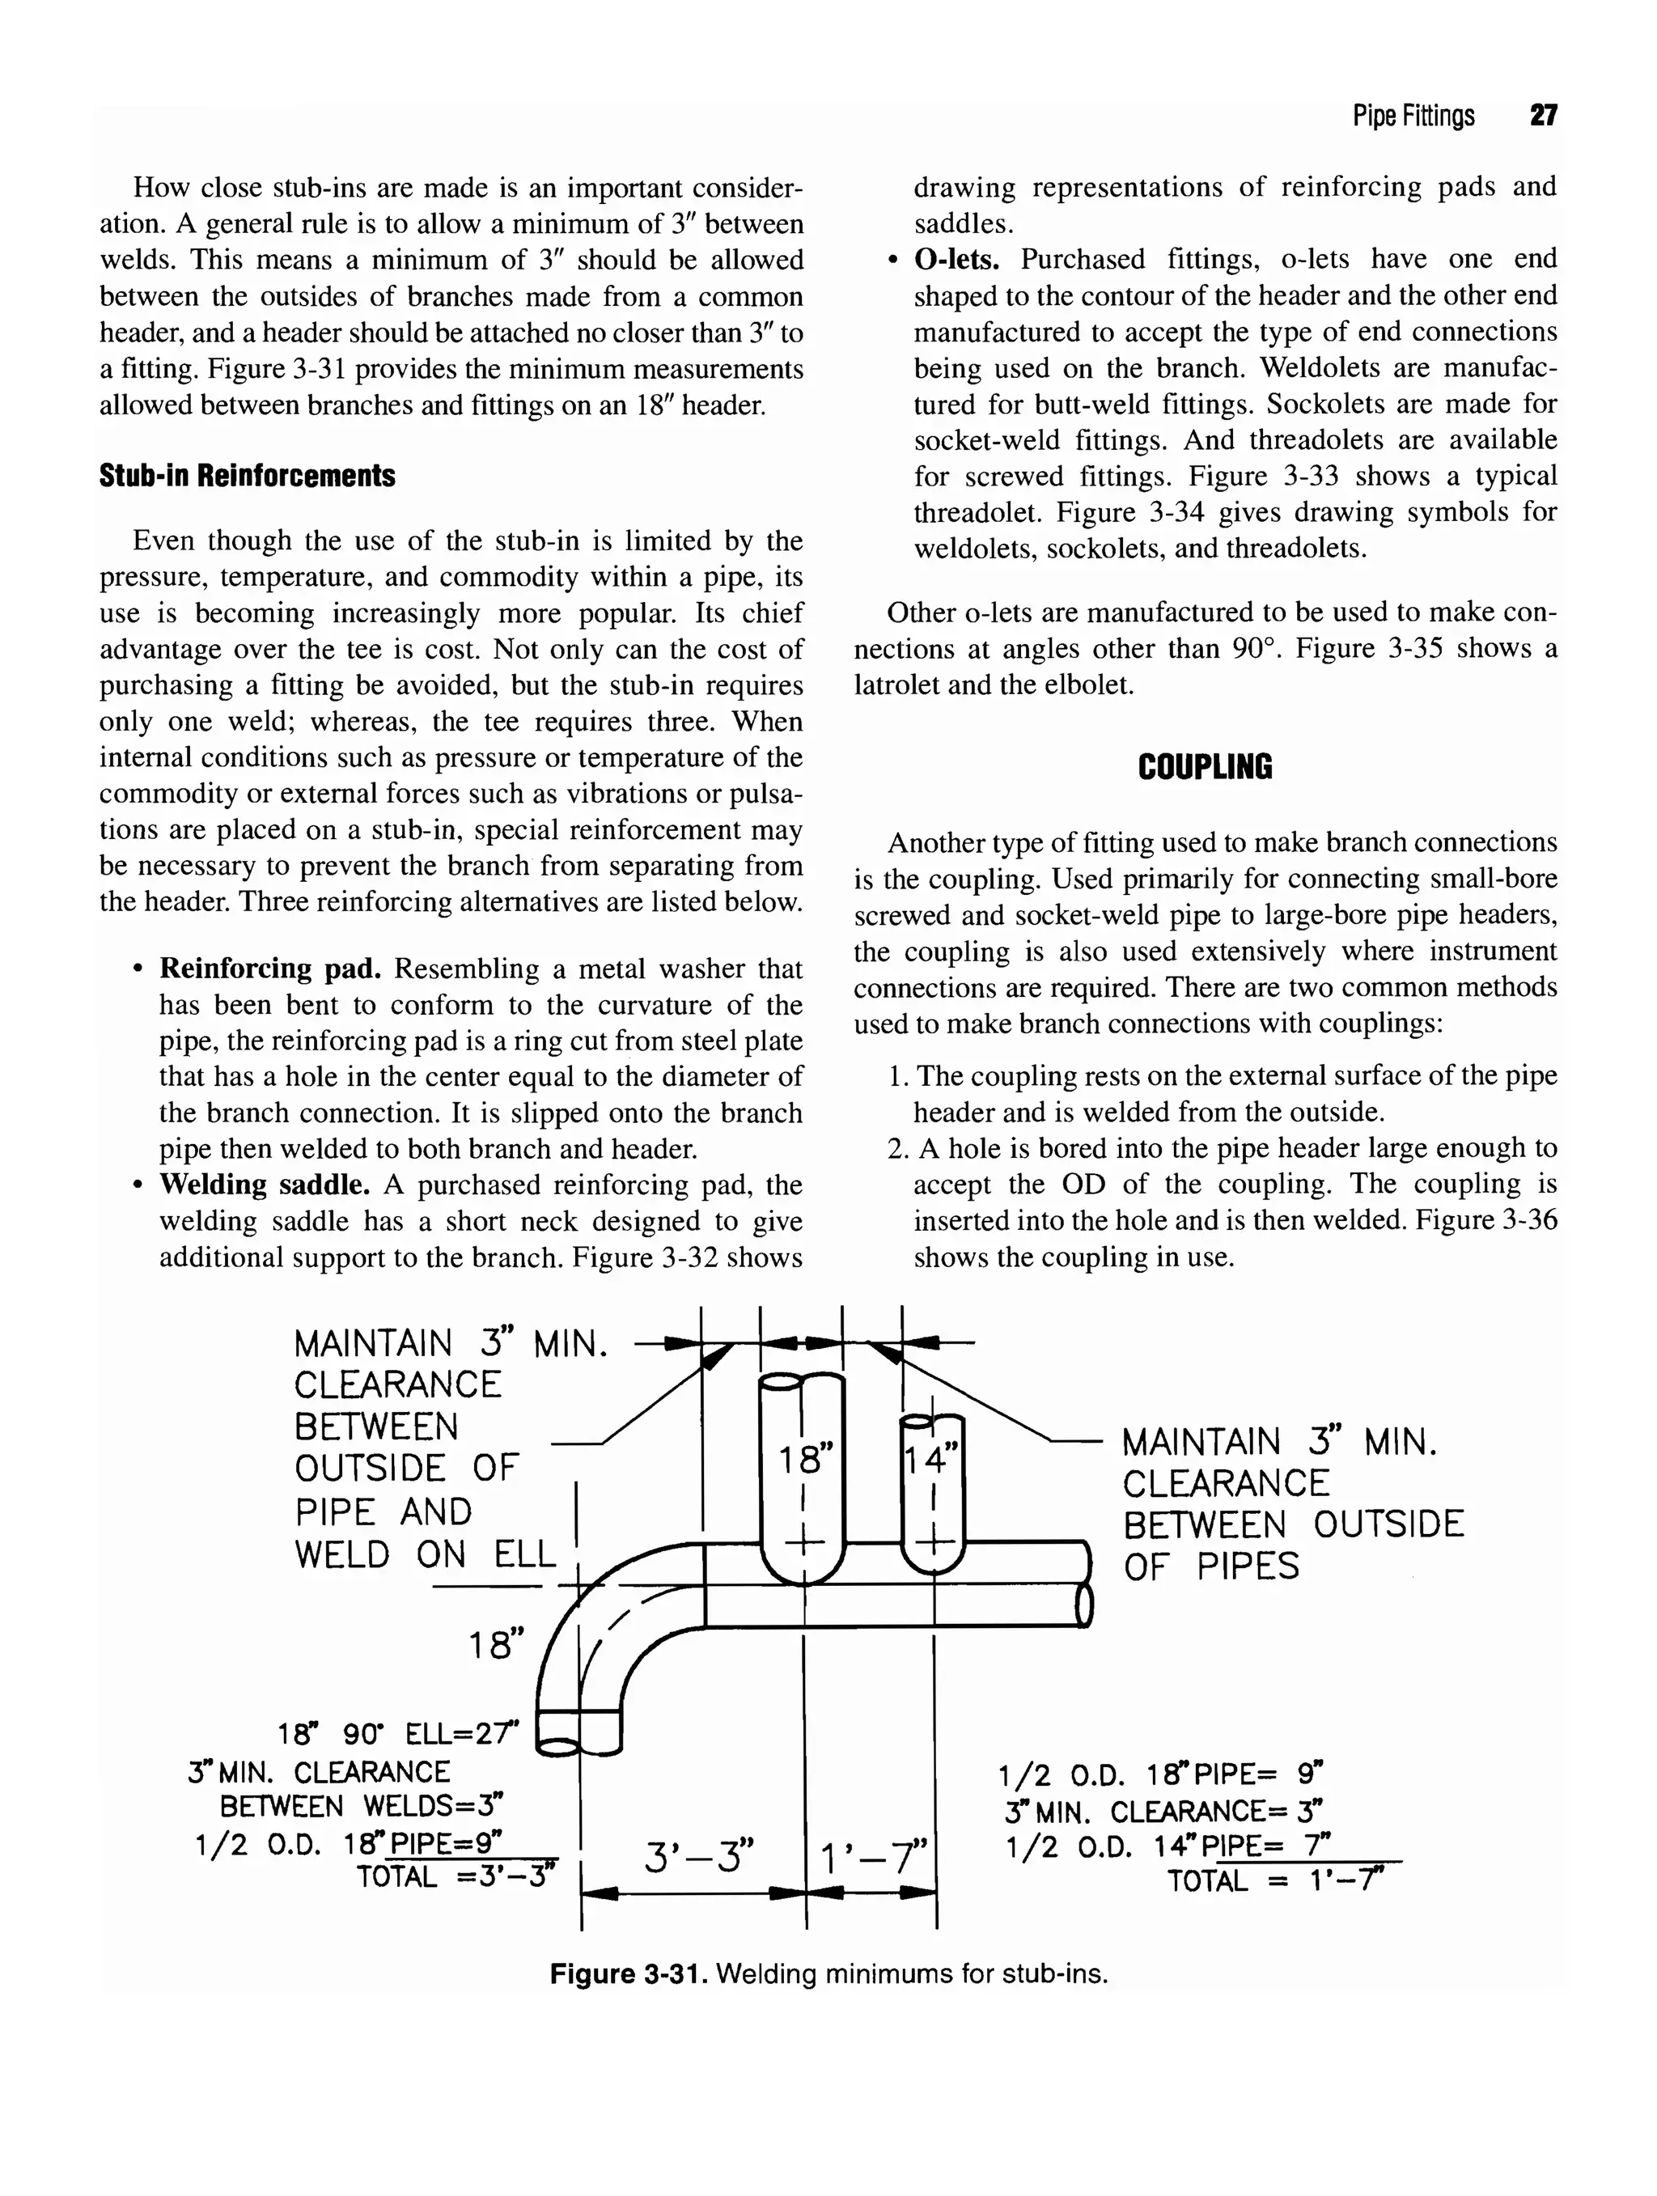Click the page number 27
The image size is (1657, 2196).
1543,117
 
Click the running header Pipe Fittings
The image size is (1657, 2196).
1413,117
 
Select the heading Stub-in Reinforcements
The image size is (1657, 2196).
248,476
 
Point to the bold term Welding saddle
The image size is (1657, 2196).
265,1185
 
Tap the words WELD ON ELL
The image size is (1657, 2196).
425,1554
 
